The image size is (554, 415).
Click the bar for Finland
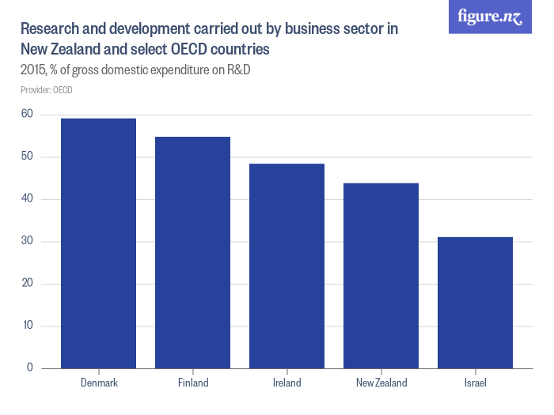tap(193, 253)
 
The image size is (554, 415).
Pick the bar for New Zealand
tap(381, 276)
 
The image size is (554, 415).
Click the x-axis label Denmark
tap(99, 383)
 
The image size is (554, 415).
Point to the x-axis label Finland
tap(193, 383)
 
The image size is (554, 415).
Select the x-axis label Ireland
tap(286, 383)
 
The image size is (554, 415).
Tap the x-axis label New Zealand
tap(381, 383)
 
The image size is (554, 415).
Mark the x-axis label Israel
tap(475, 383)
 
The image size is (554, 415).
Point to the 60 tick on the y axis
tap(27, 115)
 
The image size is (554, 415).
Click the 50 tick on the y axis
tap(27, 157)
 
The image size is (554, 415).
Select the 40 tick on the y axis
tap(27, 199)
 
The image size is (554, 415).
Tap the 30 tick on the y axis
tap(27, 242)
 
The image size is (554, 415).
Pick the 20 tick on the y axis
tap(27, 284)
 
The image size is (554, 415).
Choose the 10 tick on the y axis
tap(27, 326)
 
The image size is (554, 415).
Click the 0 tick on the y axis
tap(29, 368)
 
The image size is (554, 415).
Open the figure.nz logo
tap(490, 17)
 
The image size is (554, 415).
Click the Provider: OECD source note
tap(46, 90)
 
